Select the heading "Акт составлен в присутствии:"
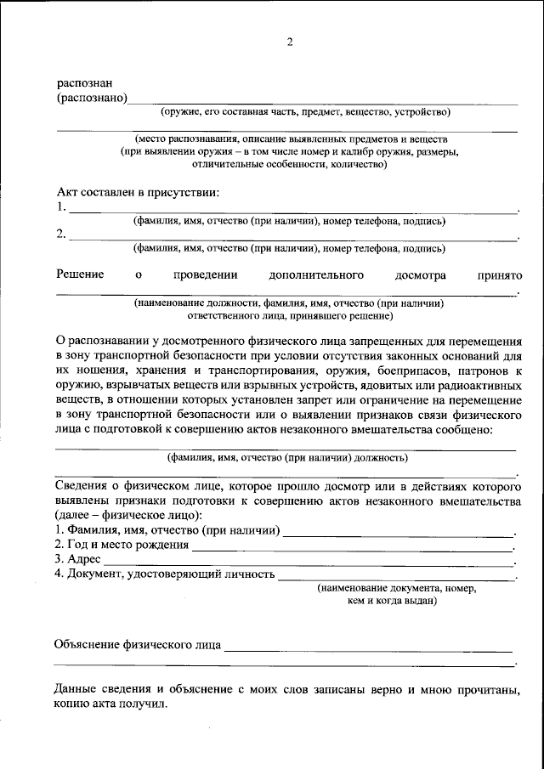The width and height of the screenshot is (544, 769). pos(138,191)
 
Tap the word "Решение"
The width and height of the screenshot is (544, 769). pos(80,275)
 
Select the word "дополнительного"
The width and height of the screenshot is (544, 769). pos(316,275)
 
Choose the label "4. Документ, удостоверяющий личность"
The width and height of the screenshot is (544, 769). pos(164,574)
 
